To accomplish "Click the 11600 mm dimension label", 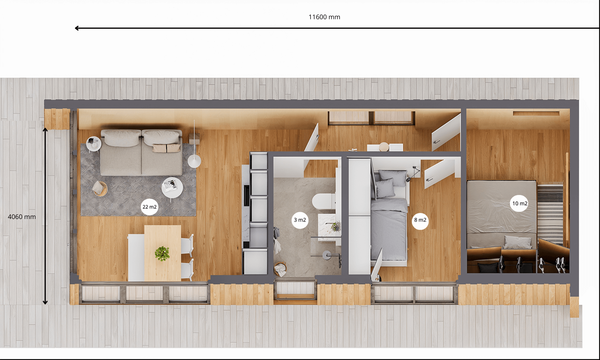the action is point(324,17).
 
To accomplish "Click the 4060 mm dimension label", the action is point(22,217).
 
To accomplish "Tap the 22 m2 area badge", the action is point(149,207).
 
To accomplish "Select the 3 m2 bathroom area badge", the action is point(300,220).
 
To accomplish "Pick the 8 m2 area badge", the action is point(420,220).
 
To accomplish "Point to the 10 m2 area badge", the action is point(520,203).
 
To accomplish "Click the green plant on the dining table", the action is point(162,253).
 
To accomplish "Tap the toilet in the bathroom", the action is point(323,202).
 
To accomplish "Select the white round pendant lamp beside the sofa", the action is point(194,161).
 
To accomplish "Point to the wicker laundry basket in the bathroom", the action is point(280,269).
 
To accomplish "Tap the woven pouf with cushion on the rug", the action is point(100,188).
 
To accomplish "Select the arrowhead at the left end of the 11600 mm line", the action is point(77,28).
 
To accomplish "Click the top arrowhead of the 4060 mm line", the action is point(45,130).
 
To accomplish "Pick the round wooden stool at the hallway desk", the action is point(384,147).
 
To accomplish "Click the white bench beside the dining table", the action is point(136,258).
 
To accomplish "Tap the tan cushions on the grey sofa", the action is point(166,148).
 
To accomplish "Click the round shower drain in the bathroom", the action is point(326,255).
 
